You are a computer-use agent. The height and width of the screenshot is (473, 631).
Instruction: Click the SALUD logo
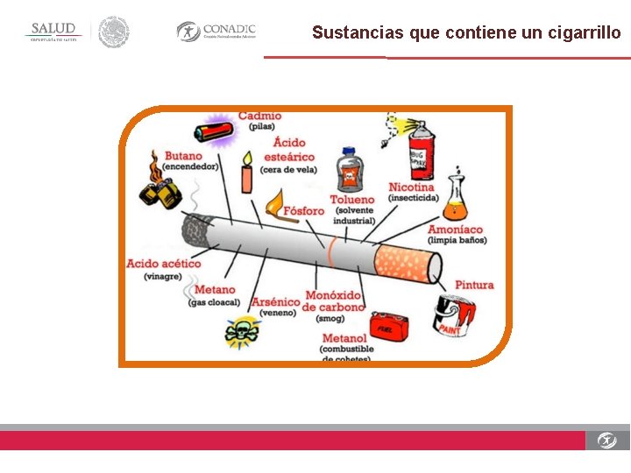pyautogui.click(x=54, y=32)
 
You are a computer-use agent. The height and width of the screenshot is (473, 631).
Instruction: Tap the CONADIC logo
pyautogui.click(x=216, y=32)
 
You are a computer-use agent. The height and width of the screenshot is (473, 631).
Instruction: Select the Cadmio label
pyautogui.click(x=259, y=116)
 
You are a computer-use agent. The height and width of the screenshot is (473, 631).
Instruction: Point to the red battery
pyautogui.click(x=214, y=131)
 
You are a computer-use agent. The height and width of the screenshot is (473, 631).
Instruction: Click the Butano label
pyautogui.click(x=182, y=156)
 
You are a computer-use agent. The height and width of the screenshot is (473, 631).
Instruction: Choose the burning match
pyautogui.click(x=274, y=204)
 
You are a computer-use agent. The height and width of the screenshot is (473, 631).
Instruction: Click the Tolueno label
pyautogui.click(x=351, y=200)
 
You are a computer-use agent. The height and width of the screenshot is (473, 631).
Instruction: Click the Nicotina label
pyautogui.click(x=411, y=187)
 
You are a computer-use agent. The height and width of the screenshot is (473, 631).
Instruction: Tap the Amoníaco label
pyautogui.click(x=455, y=230)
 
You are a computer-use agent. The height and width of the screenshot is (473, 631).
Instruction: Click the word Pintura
pyautogui.click(x=474, y=285)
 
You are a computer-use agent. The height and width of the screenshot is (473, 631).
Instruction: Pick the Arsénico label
pyautogui.click(x=276, y=302)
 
